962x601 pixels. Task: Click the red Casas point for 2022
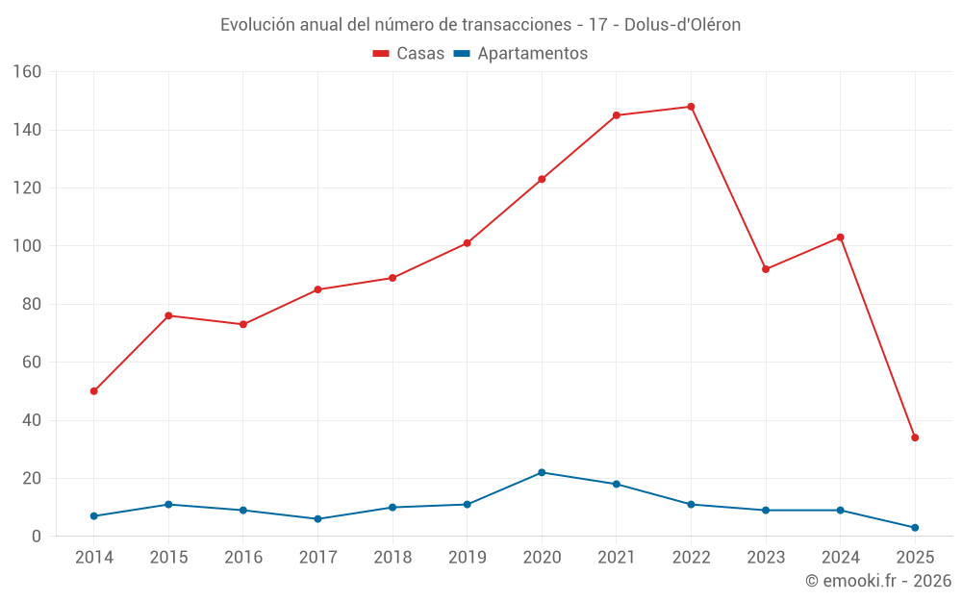pyautogui.click(x=691, y=107)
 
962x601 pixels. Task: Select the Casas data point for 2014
pyautogui.click(x=93, y=391)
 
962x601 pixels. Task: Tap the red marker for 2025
pyautogui.click(x=915, y=438)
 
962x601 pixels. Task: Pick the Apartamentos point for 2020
pyautogui.click(x=542, y=472)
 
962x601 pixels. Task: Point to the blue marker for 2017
pyautogui.click(x=317, y=519)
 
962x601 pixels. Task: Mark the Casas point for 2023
pyautogui.click(x=766, y=269)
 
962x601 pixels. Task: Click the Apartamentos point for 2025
pyautogui.click(x=915, y=528)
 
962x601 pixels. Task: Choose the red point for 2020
pyautogui.click(x=542, y=179)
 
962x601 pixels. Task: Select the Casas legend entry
pyautogui.click(x=409, y=54)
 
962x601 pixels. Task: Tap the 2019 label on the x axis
pyautogui.click(x=467, y=558)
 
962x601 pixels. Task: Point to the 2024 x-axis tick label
pyautogui.click(x=840, y=558)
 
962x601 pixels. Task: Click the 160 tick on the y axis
pyautogui.click(x=27, y=72)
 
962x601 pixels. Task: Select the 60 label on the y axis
pyautogui.click(x=32, y=363)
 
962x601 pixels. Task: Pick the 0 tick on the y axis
pyautogui.click(x=37, y=537)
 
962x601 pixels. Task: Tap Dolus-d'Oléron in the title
pyautogui.click(x=682, y=25)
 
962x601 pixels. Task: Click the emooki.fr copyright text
pyautogui.click(x=877, y=581)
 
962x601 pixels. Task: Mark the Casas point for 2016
pyautogui.click(x=243, y=324)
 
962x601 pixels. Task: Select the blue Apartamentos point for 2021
pyautogui.click(x=617, y=484)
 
